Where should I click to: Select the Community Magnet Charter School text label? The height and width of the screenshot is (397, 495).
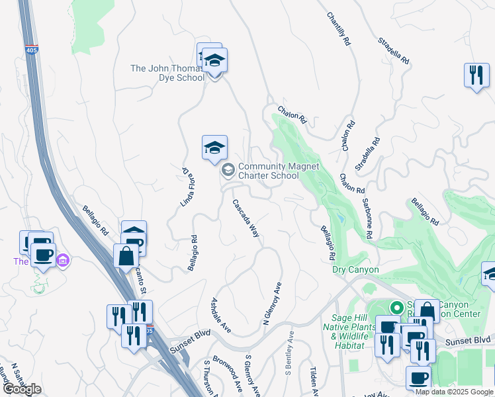(269, 171)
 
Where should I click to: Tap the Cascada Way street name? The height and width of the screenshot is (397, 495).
(245, 218)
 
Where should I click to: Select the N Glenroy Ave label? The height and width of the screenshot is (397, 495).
(273, 304)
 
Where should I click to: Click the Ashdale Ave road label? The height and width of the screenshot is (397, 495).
(220, 314)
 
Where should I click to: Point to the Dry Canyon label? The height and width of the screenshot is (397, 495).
(355, 270)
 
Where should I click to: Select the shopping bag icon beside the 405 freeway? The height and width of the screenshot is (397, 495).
(126, 255)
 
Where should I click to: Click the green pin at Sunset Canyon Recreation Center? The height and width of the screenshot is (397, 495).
(397, 308)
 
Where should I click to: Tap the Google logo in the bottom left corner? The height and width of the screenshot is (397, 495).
(22, 388)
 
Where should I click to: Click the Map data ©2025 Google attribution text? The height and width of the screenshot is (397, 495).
(454, 392)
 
